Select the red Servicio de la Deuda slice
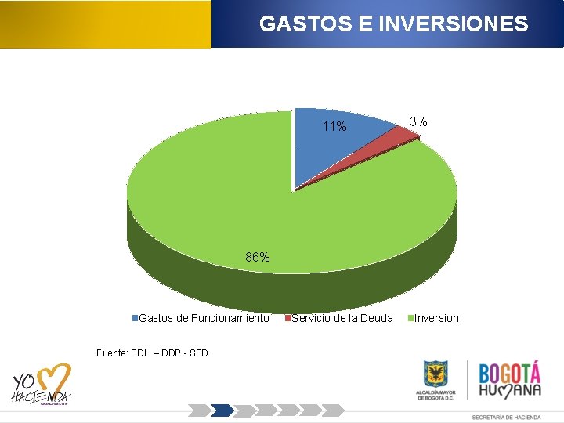399,137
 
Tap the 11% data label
334,127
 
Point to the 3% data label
419,121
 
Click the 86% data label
258,257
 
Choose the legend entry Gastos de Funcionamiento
204,318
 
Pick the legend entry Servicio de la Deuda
342,318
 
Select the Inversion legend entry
436,318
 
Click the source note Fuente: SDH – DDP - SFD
152,353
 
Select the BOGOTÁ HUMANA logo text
509,379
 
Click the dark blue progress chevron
223,410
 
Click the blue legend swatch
135,318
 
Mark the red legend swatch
288,318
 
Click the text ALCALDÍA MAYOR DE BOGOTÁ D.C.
436,395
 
